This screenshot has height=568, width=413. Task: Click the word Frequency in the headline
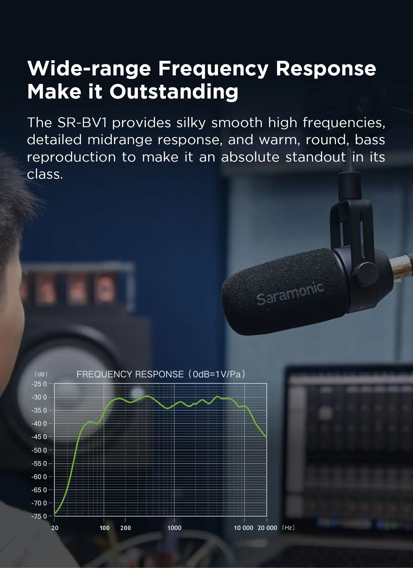(x=213, y=69)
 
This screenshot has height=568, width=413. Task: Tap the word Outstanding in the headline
(x=174, y=92)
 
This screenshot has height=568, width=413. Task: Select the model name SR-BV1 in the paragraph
(x=82, y=122)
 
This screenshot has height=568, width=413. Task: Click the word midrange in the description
(x=120, y=140)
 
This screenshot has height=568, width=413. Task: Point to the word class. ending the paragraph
(x=45, y=174)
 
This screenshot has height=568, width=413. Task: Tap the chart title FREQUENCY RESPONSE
(x=130, y=374)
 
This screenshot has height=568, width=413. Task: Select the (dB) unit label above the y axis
(x=41, y=374)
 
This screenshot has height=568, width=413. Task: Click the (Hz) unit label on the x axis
(x=288, y=528)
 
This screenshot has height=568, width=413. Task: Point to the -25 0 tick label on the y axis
(x=39, y=384)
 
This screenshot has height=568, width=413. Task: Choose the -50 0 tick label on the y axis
(x=39, y=450)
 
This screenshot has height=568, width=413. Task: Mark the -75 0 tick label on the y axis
(x=39, y=516)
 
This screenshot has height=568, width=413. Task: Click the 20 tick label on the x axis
(x=55, y=528)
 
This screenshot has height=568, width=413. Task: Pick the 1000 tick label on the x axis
(x=174, y=528)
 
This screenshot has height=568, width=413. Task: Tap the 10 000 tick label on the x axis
(x=243, y=528)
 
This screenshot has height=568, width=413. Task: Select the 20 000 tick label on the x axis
(x=267, y=528)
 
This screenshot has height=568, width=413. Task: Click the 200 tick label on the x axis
(x=126, y=528)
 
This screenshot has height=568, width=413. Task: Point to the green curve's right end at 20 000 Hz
(x=266, y=437)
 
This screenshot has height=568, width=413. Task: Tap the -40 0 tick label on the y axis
(x=39, y=424)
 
